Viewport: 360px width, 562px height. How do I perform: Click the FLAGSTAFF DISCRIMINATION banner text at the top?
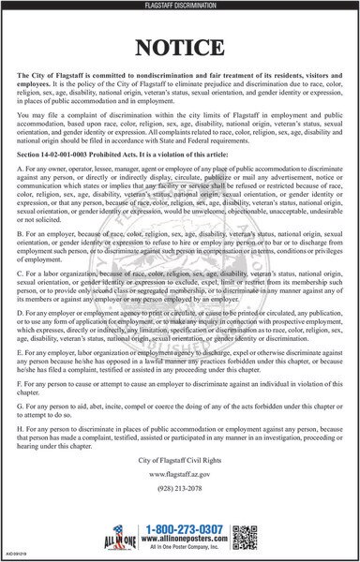[180, 6]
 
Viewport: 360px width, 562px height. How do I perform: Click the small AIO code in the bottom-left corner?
[13, 556]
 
